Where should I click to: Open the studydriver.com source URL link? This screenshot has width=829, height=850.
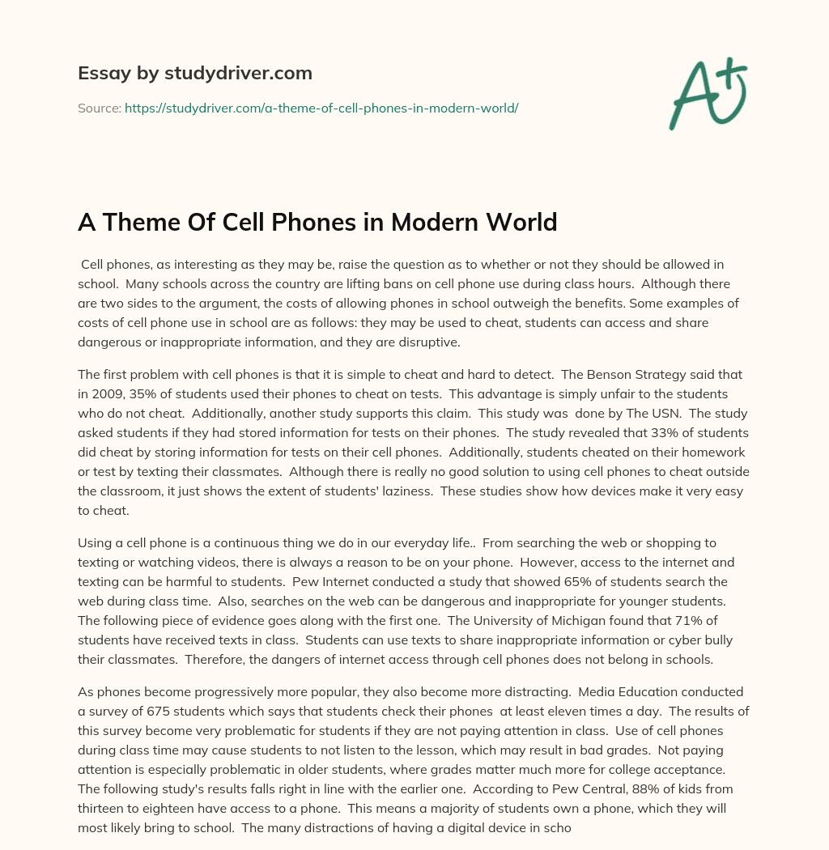[x=321, y=108]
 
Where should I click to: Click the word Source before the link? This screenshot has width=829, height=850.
[x=99, y=108]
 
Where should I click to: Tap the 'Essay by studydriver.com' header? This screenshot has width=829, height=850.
[x=195, y=73]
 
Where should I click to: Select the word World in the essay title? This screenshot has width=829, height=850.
[x=522, y=222]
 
